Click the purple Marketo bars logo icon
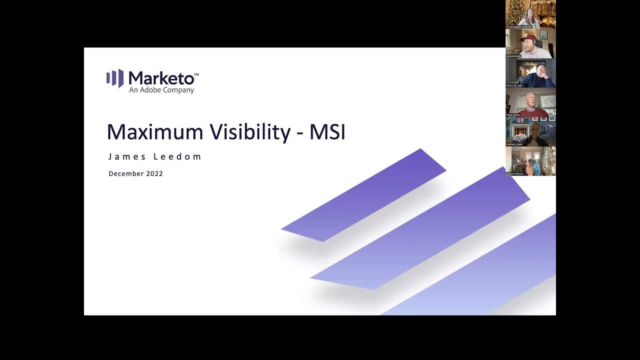click(114, 78)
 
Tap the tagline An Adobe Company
click(161, 90)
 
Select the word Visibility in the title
click(250, 132)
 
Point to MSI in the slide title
click(327, 132)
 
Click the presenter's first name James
click(127, 156)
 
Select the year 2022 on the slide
click(154, 173)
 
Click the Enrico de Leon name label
click(514, 85)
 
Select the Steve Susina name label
click(513, 115)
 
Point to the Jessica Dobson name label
click(515, 174)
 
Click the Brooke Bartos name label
click(517, 27)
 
